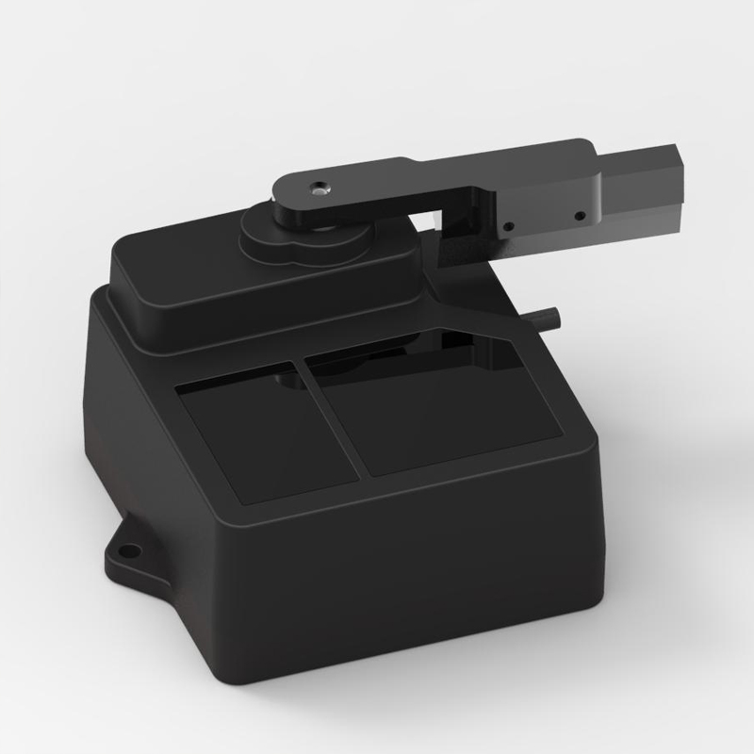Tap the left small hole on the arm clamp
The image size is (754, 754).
click(x=508, y=226)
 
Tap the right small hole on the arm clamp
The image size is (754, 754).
click(x=580, y=216)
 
